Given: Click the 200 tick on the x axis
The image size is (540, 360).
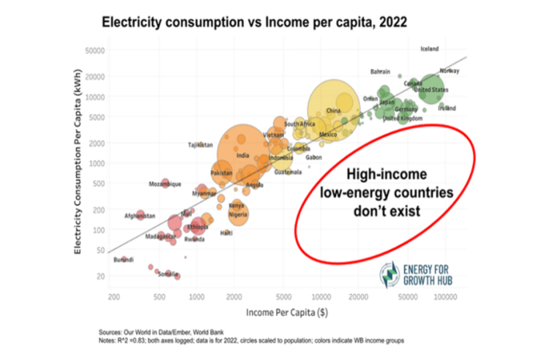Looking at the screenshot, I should pos(113,296).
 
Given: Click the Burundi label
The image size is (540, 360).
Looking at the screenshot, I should pos(123,259).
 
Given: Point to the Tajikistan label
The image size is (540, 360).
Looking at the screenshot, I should pos(200,145).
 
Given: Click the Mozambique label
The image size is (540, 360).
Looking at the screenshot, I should pos(164,184).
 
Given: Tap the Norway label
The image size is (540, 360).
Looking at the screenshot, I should pos(449,71).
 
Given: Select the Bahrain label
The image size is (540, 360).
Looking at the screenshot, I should pos(380,71).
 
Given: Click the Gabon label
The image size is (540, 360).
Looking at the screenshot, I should pos(314,157).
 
